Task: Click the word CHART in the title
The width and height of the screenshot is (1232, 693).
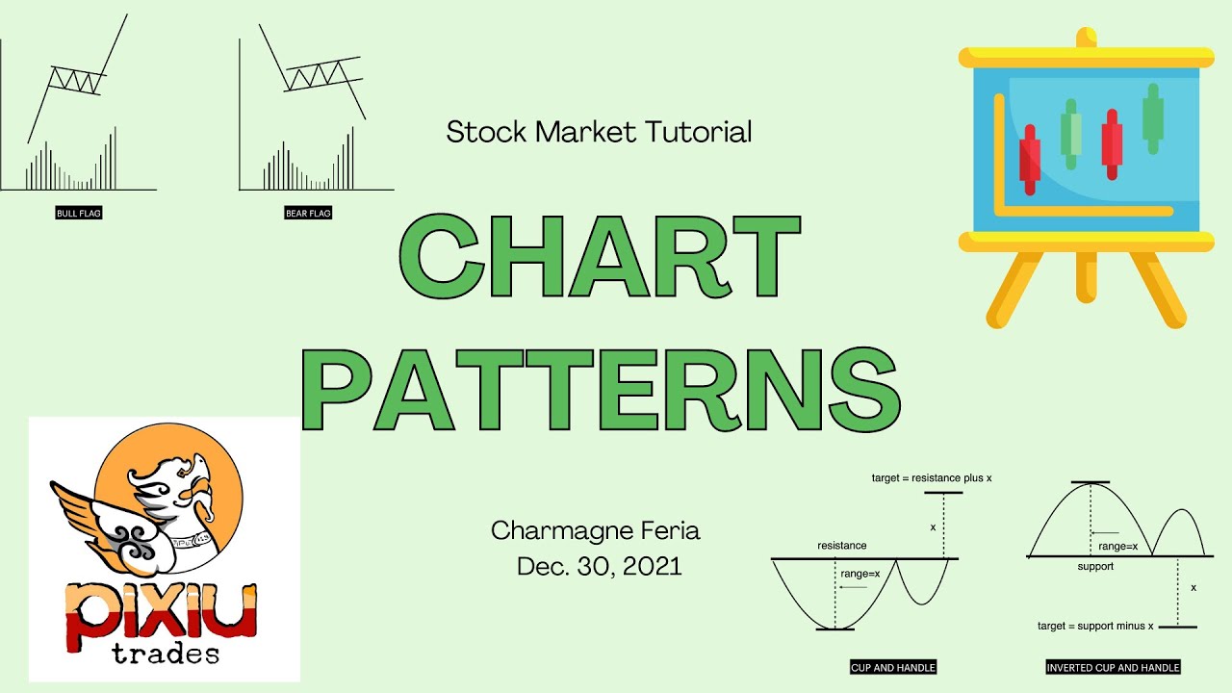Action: coord(599,257)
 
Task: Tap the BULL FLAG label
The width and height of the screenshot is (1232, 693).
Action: coord(79,213)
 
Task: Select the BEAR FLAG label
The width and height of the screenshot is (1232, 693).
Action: coord(308,213)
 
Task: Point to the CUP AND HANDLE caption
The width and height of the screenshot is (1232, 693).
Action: coord(892,667)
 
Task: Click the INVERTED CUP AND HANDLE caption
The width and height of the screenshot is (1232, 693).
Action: coord(1113,667)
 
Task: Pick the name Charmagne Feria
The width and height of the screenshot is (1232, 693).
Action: coord(596,530)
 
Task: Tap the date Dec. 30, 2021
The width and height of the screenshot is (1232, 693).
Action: coord(599,566)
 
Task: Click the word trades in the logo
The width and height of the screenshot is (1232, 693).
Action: coord(165,654)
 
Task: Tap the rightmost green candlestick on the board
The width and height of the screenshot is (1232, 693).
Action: coord(1152,117)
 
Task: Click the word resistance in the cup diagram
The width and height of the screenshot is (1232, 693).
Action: coord(841,546)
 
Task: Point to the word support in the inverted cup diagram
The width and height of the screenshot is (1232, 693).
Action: coord(1095,567)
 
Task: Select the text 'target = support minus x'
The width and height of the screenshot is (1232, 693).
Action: coord(1095,626)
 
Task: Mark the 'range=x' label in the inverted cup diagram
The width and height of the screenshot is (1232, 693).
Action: coord(1118,546)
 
